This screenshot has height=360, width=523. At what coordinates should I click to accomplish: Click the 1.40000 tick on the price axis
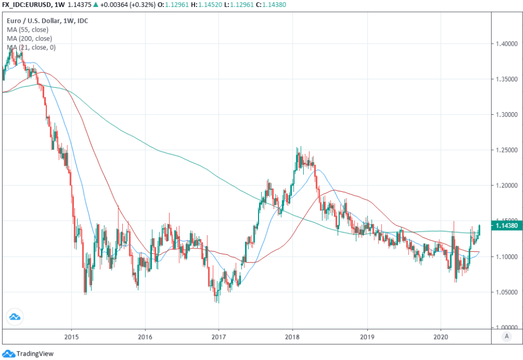click(506, 44)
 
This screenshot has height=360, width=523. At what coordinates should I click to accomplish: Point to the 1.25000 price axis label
click(506, 150)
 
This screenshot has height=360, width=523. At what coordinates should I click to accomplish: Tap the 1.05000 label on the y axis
click(506, 292)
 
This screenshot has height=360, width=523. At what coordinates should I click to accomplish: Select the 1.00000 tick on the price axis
click(506, 328)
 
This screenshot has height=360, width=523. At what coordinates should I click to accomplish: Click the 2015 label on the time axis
click(71, 336)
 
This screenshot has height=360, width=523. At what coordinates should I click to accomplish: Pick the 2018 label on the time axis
click(292, 336)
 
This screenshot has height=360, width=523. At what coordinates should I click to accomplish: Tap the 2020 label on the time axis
click(441, 336)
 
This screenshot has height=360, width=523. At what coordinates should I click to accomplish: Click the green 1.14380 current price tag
click(506, 226)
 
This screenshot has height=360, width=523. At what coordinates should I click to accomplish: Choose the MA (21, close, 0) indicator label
click(31, 47)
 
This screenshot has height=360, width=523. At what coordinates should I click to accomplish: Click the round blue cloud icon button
click(15, 317)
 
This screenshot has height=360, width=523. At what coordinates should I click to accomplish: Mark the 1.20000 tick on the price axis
click(506, 185)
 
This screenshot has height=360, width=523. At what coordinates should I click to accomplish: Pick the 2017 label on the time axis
click(219, 336)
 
